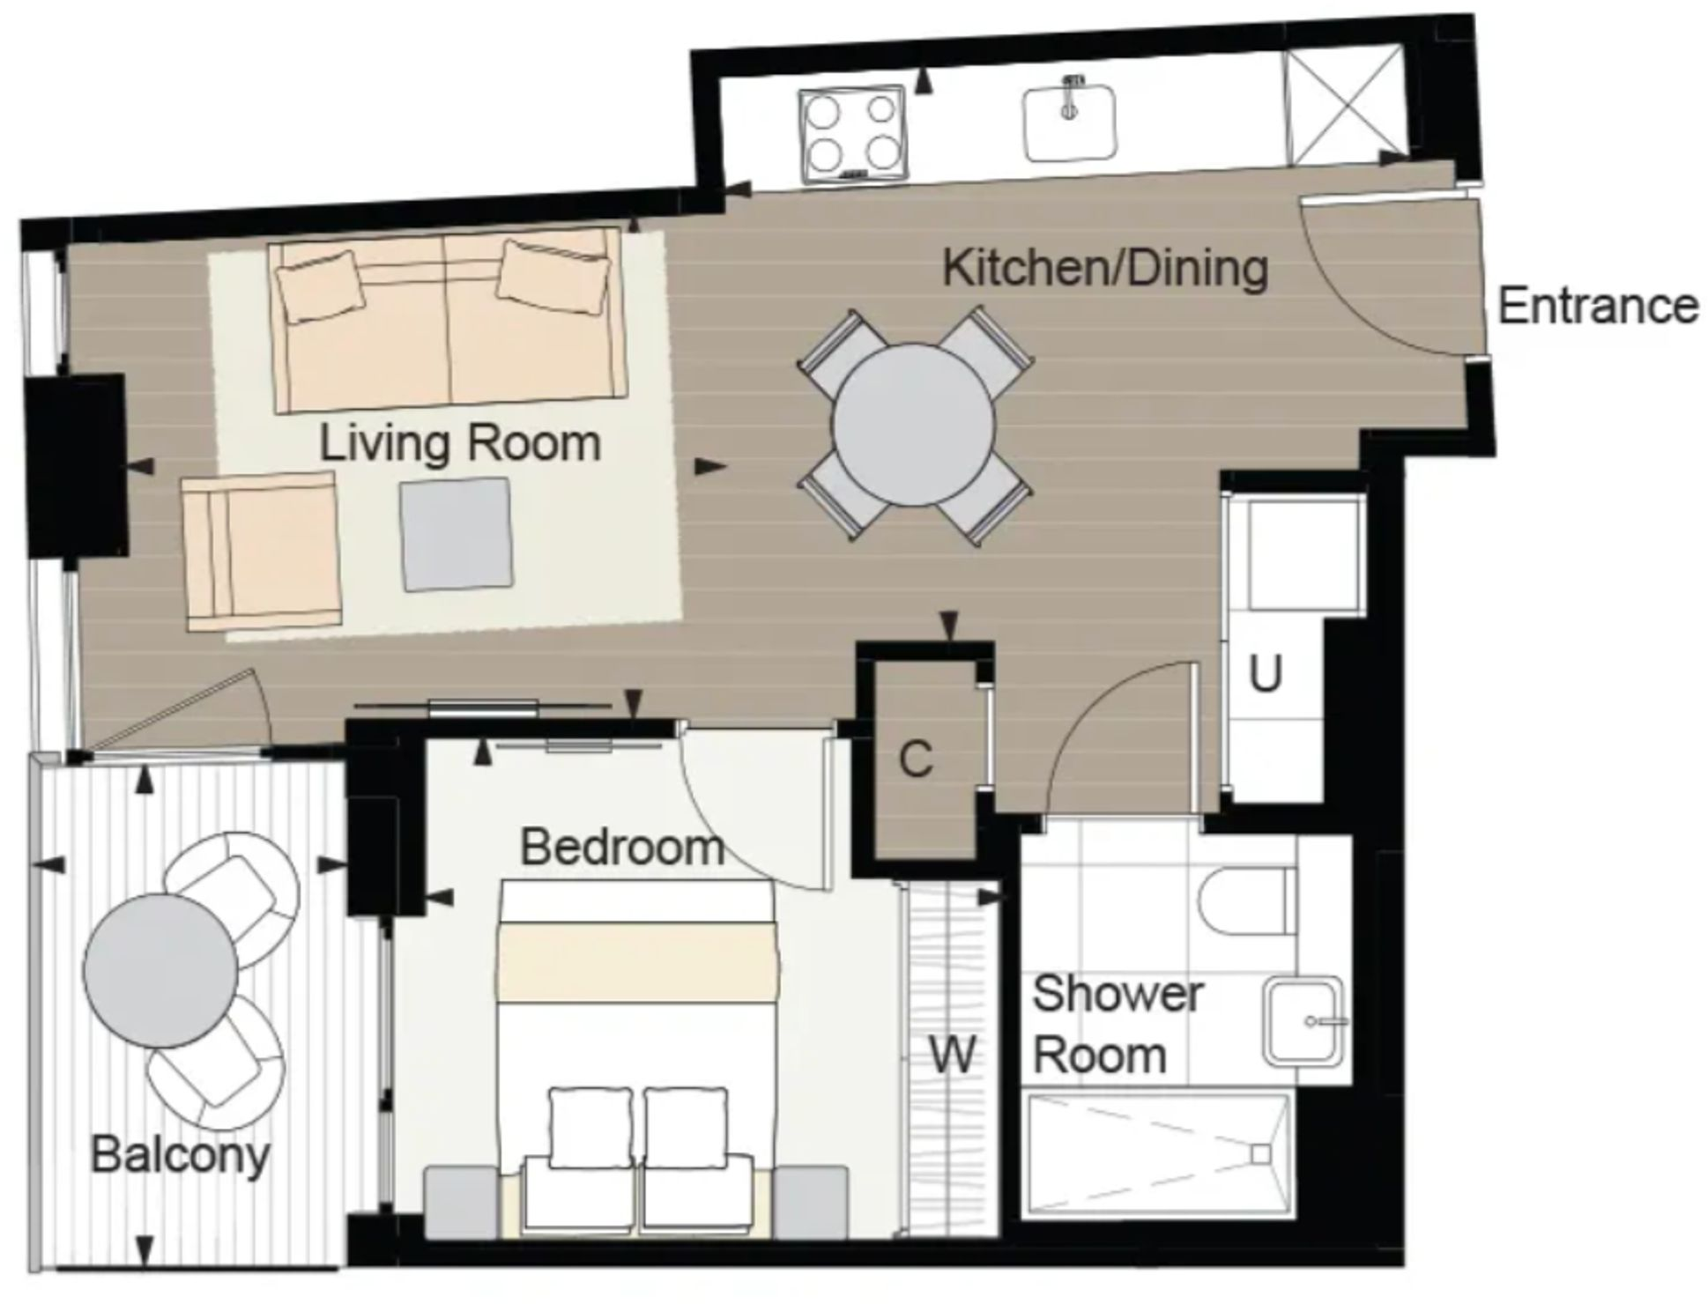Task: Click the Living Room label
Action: (x=459, y=443)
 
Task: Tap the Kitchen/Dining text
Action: (x=1105, y=268)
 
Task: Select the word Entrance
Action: (x=1597, y=307)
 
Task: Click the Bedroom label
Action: (x=621, y=847)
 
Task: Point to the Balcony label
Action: (x=180, y=1154)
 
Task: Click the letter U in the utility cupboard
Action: (x=1264, y=675)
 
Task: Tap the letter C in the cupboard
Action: (x=916, y=759)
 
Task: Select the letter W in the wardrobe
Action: (x=953, y=1054)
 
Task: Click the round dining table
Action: (x=913, y=426)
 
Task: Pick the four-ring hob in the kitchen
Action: (x=851, y=134)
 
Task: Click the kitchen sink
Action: (x=1069, y=122)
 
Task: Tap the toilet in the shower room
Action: (x=1247, y=905)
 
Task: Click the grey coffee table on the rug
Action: (x=456, y=535)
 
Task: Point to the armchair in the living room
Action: (x=262, y=551)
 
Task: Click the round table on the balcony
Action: (x=160, y=970)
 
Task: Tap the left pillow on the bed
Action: (x=590, y=1129)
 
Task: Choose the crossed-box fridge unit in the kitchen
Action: (x=1342, y=105)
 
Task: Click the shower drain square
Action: (x=1259, y=1155)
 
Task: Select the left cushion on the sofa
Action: (x=319, y=285)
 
